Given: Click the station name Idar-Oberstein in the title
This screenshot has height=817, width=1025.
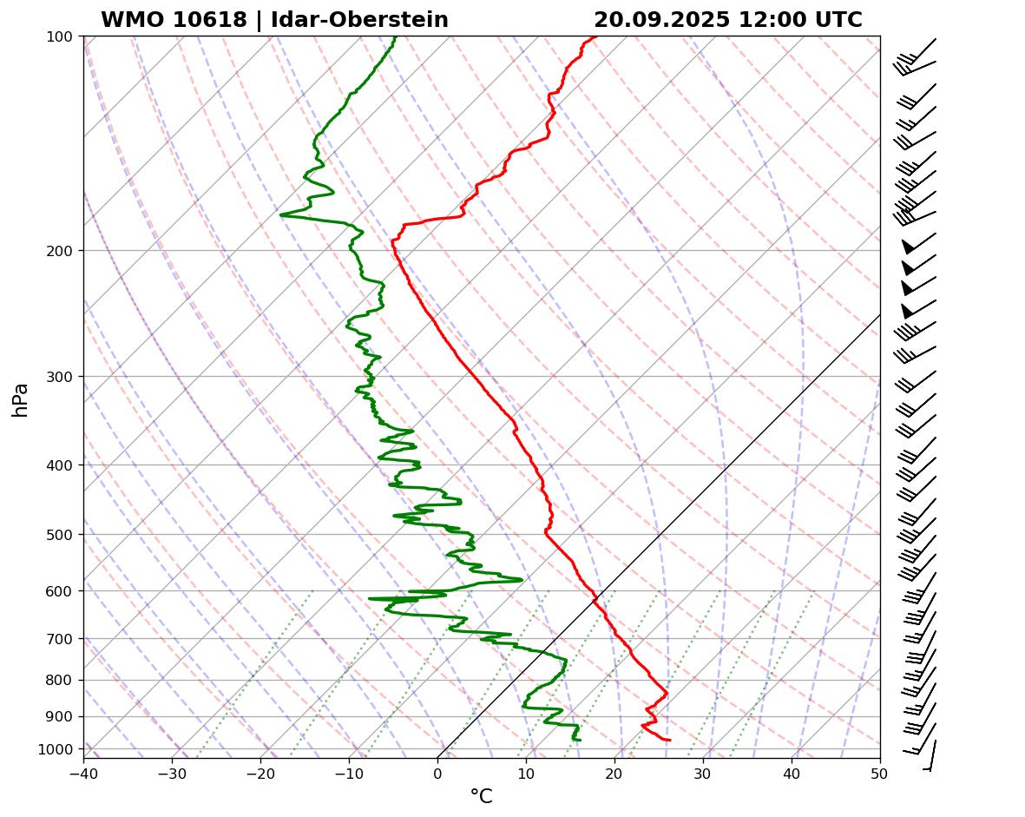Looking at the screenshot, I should (359, 20).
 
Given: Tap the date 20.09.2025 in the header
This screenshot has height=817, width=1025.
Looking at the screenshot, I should (662, 20).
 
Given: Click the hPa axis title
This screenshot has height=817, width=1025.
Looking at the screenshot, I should (20, 399).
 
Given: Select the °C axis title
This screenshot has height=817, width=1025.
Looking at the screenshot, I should (481, 796).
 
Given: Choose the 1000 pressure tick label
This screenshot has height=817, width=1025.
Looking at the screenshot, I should (59, 749).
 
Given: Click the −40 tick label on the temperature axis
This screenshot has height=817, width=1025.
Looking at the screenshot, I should (83, 772).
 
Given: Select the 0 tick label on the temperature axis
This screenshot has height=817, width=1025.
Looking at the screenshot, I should (437, 772).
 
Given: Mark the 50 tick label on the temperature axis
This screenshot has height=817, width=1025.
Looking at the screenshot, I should (880, 772).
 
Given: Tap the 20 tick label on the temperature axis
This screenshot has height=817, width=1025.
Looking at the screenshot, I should (614, 772).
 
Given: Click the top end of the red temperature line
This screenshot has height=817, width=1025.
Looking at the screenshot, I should (595, 37).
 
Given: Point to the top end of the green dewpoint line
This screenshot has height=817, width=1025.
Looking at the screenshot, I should (395, 37).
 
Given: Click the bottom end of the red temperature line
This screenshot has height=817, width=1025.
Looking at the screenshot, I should (669, 740).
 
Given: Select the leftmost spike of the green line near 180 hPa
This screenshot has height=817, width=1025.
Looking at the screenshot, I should (281, 214).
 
